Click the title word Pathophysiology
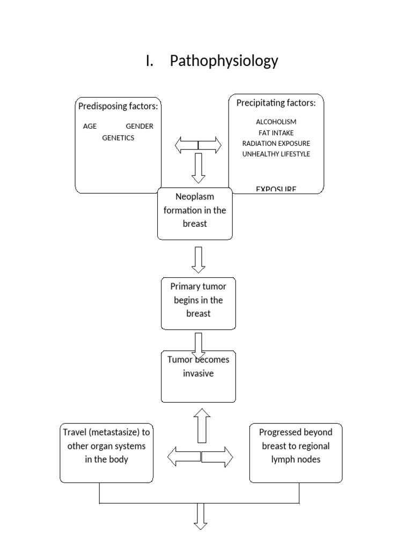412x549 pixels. pyautogui.click(x=224, y=61)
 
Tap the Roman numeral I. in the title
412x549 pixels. pyautogui.click(x=150, y=61)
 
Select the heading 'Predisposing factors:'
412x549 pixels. pyautogui.click(x=118, y=106)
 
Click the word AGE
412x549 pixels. pyautogui.click(x=90, y=127)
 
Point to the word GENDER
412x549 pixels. pyautogui.click(x=139, y=127)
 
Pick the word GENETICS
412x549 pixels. pyautogui.click(x=118, y=138)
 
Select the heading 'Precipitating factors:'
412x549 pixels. pyautogui.click(x=276, y=103)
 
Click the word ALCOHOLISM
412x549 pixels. pyautogui.click(x=276, y=122)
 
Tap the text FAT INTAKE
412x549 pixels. pyautogui.click(x=276, y=132)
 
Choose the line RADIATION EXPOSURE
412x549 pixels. pyautogui.click(x=276, y=143)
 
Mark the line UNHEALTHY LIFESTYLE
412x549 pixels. pyautogui.click(x=276, y=154)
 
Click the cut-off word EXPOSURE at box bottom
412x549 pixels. pyautogui.click(x=276, y=189)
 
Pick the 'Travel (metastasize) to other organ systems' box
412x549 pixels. pyautogui.click(x=107, y=453)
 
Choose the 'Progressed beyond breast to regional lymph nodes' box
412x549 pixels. pyautogui.click(x=296, y=453)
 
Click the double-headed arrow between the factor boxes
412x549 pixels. pyautogui.click(x=198, y=145)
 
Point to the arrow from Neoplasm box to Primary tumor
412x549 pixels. pyautogui.click(x=198, y=259)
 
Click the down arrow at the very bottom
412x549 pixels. pyautogui.click(x=200, y=516)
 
